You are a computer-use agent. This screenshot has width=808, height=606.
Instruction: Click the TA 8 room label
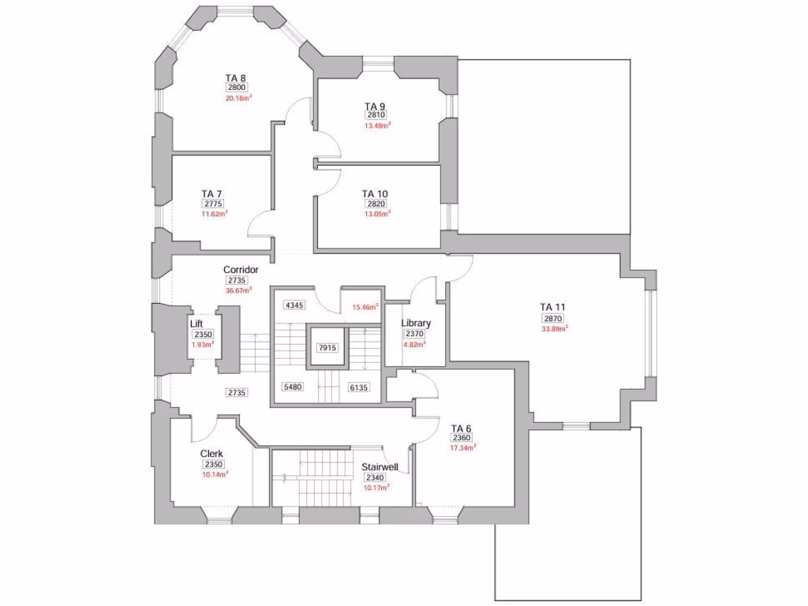pyautogui.click(x=235, y=78)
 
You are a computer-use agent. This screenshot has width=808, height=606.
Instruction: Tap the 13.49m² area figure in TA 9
pyautogui.click(x=377, y=125)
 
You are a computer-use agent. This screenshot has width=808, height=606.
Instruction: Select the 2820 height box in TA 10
pyautogui.click(x=376, y=204)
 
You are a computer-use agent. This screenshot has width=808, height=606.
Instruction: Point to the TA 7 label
pyautogui.click(x=211, y=194)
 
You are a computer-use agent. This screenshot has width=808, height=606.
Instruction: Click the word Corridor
pyautogui.click(x=241, y=270)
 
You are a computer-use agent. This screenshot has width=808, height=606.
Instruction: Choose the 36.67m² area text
pyautogui.click(x=238, y=290)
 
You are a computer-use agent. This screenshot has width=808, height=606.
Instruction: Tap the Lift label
pyautogui.click(x=196, y=324)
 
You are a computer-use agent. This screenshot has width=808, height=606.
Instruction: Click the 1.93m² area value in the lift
pyautogui.click(x=203, y=344)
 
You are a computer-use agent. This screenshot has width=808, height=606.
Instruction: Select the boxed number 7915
pyautogui.click(x=327, y=348)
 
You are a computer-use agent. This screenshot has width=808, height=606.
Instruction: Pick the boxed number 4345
pyautogui.click(x=294, y=305)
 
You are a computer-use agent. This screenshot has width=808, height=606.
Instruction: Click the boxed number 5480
pyautogui.click(x=293, y=387)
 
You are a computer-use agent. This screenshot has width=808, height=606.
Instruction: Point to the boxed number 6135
pyautogui.click(x=359, y=387)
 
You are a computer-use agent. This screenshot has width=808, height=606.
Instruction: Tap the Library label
pyautogui.click(x=416, y=323)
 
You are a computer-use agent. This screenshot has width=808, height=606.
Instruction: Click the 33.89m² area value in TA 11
pyautogui.click(x=555, y=328)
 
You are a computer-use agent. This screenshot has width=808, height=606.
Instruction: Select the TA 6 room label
pyautogui.click(x=461, y=428)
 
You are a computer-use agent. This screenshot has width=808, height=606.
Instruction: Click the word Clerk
pyautogui.click(x=211, y=454)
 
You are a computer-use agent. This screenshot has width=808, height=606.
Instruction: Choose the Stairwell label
pyautogui.click(x=380, y=467)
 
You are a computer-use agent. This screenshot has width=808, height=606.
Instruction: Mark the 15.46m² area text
pyautogui.click(x=365, y=307)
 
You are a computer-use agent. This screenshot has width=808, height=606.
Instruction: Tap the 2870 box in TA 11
pyautogui.click(x=553, y=319)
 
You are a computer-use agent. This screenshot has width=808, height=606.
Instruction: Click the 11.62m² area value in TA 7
pyautogui.click(x=215, y=213)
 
